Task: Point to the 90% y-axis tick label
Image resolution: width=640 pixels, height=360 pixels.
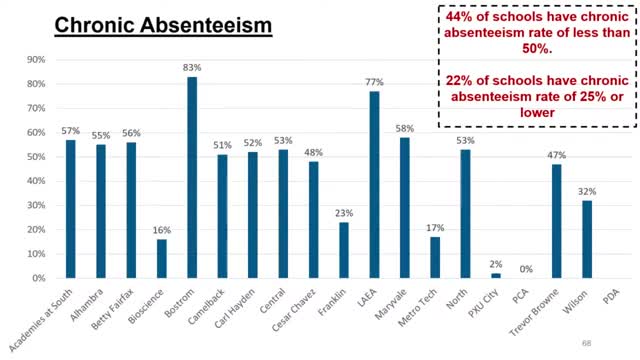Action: (34, 60)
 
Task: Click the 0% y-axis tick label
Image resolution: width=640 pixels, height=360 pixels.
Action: (37, 278)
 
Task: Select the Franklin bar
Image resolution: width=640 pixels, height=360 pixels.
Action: (344, 250)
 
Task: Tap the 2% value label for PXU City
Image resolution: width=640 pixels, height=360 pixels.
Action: (495, 264)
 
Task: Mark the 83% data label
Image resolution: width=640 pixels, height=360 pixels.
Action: (192, 67)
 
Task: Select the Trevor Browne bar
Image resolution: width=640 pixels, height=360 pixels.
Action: (556, 221)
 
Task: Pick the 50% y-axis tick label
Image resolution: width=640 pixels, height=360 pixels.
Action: (34, 157)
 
